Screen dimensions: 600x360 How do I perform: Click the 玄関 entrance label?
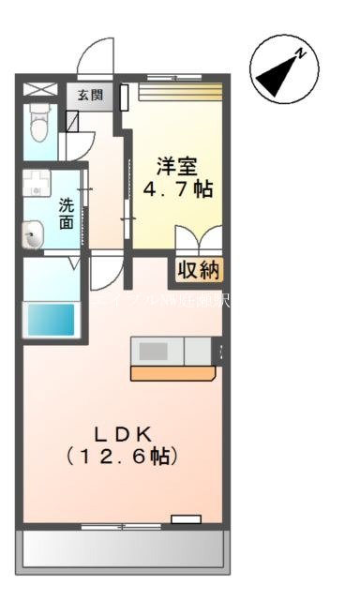(x=90, y=94)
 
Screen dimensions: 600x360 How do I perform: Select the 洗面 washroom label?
(x=67, y=213)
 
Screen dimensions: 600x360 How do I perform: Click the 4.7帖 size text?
(x=177, y=189)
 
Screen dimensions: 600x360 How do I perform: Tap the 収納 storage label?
(x=197, y=271)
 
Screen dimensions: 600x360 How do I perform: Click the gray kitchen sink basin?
(x=155, y=351)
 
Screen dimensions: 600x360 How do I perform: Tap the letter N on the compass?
(x=301, y=53)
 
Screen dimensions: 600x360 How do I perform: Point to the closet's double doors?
(x=198, y=239)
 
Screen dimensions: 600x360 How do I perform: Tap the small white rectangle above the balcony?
(x=186, y=517)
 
